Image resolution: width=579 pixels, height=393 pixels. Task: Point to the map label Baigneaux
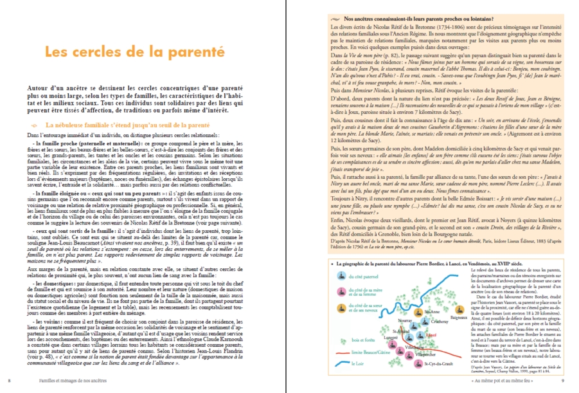click(458, 300)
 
